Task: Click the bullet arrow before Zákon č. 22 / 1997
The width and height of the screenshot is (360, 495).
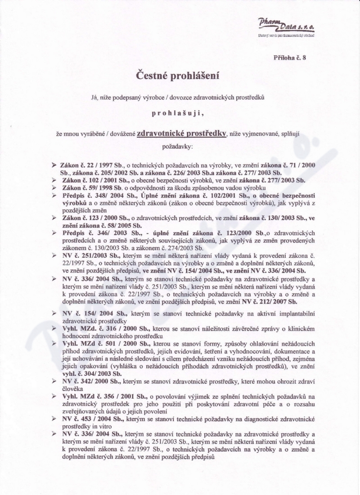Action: [54, 165]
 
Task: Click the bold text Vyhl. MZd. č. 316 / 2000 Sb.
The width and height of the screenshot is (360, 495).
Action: [101, 329]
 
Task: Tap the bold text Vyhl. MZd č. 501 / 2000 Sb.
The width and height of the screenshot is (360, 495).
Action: [100, 343]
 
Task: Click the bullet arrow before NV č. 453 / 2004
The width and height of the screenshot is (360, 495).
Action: [54, 418]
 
